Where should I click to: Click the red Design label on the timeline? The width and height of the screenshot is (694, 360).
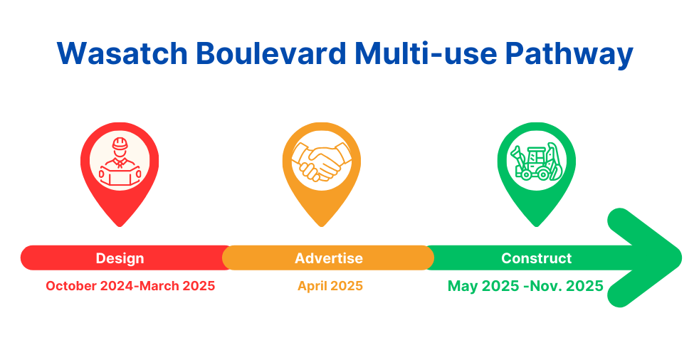coord(120,258)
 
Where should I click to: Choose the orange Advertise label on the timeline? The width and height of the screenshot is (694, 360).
coord(329,258)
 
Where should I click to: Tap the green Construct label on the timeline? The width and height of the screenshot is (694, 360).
coord(536,258)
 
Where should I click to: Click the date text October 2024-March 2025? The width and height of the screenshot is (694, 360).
coord(130,286)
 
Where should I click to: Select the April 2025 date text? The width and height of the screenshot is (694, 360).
coord(330,286)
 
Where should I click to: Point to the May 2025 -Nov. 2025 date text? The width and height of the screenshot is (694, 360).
coord(525,286)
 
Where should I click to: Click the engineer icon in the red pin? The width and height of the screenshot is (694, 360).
coord(119,163)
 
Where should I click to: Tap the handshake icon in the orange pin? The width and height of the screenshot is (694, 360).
coord(322,162)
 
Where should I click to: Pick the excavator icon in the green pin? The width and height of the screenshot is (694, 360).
coord(536,162)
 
